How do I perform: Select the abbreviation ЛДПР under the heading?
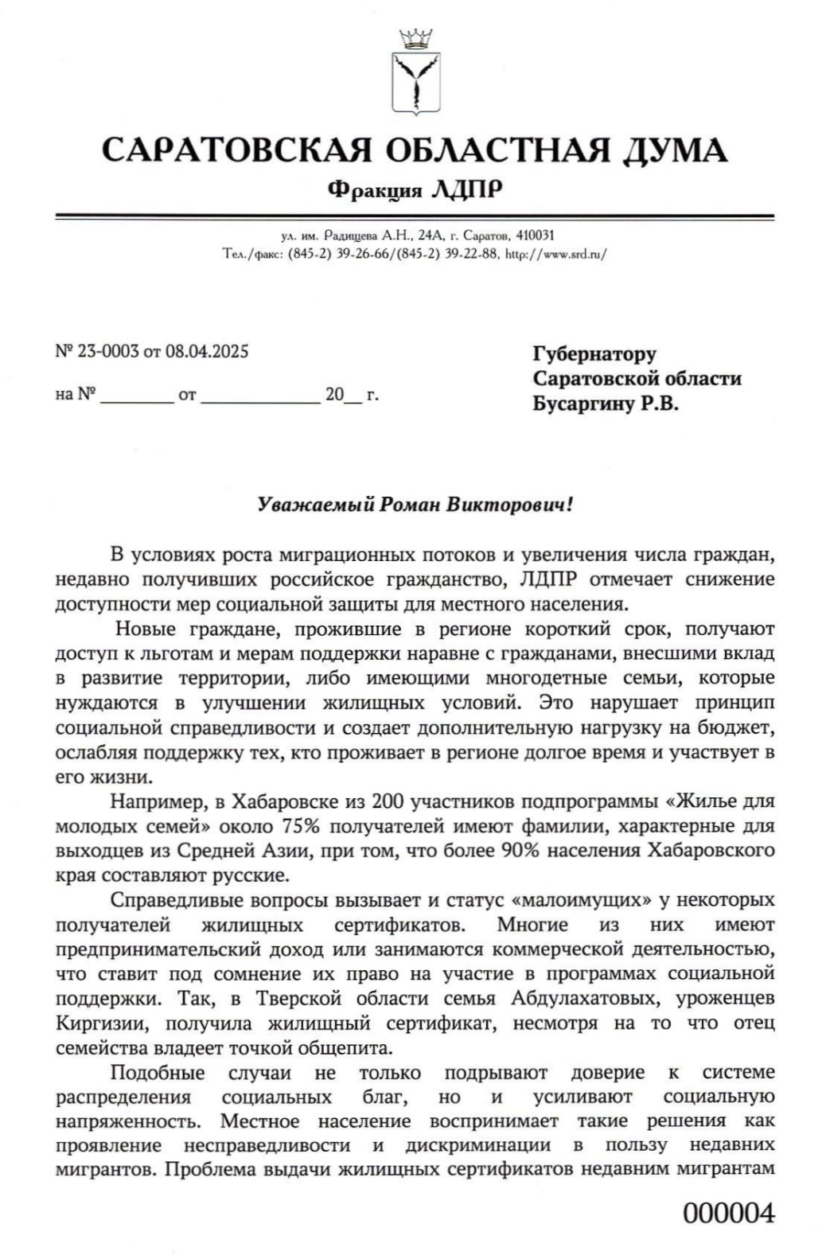click(466, 189)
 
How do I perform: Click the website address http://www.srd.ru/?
click(556, 255)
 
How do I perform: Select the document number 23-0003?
click(107, 351)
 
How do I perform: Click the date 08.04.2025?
click(207, 351)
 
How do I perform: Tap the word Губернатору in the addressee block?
click(594, 353)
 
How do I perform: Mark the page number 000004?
click(728, 1214)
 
